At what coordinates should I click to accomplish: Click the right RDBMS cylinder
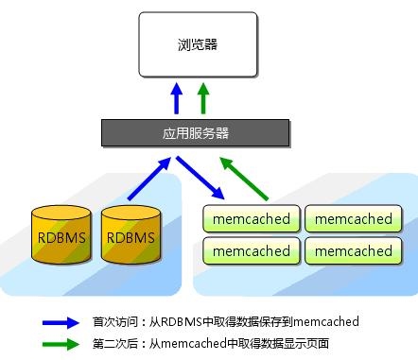coord(128,233)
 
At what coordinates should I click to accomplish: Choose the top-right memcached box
coord(353,219)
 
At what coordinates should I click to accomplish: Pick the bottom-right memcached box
coord(353,251)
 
